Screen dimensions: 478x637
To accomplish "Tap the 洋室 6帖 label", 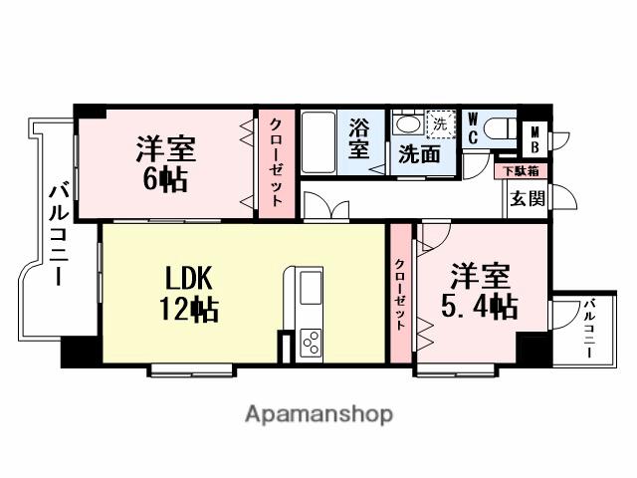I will click(165, 165).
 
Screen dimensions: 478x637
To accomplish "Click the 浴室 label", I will click(359, 138).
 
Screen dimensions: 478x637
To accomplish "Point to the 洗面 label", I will click(419, 154).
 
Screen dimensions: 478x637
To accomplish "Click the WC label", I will click(473, 129).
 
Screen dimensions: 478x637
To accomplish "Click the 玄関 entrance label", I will click(528, 197).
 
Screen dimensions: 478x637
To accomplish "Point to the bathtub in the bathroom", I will click(320, 140).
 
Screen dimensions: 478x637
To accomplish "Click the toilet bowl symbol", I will click(502, 130).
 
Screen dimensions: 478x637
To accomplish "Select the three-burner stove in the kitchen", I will click(310, 342).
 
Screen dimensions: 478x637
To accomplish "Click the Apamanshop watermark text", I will click(318, 413).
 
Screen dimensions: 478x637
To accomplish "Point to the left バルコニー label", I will click(57, 231).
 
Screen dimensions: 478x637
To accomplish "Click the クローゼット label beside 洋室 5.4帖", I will click(400, 294).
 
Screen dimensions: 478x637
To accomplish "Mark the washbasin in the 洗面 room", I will click(405, 125).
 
